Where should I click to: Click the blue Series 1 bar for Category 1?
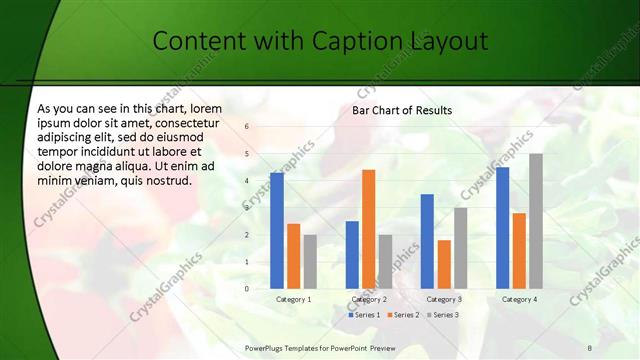pyautogui.click(x=277, y=230)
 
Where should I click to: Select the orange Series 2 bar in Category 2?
pyautogui.click(x=368, y=229)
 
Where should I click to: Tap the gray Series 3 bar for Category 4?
pyautogui.click(x=536, y=221)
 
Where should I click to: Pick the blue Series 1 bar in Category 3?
pyautogui.click(x=427, y=241)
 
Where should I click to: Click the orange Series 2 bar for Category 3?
pyautogui.click(x=444, y=264)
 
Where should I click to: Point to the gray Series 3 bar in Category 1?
pyautogui.click(x=310, y=261)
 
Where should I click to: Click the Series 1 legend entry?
pyautogui.click(x=365, y=315)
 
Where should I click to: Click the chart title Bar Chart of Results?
pyautogui.click(x=402, y=110)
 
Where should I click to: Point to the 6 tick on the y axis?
pyautogui.click(x=246, y=127)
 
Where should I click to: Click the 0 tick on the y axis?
pyautogui.click(x=246, y=288)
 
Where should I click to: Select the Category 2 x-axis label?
pyautogui.click(x=368, y=299)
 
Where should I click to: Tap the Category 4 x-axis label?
pyautogui.click(x=519, y=299)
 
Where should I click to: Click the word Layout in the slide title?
pyautogui.click(x=448, y=41)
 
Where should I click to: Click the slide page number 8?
pyautogui.click(x=589, y=347)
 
